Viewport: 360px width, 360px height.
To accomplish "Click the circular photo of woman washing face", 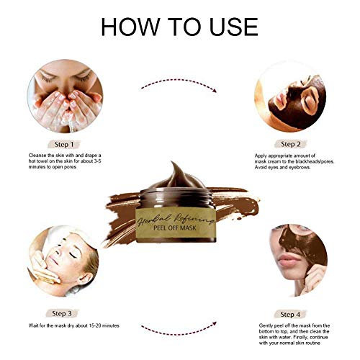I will tap(65, 94).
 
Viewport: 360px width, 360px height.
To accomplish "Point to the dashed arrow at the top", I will tap(179, 86).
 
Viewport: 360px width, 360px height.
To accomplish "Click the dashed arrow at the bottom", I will tap(179, 330).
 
